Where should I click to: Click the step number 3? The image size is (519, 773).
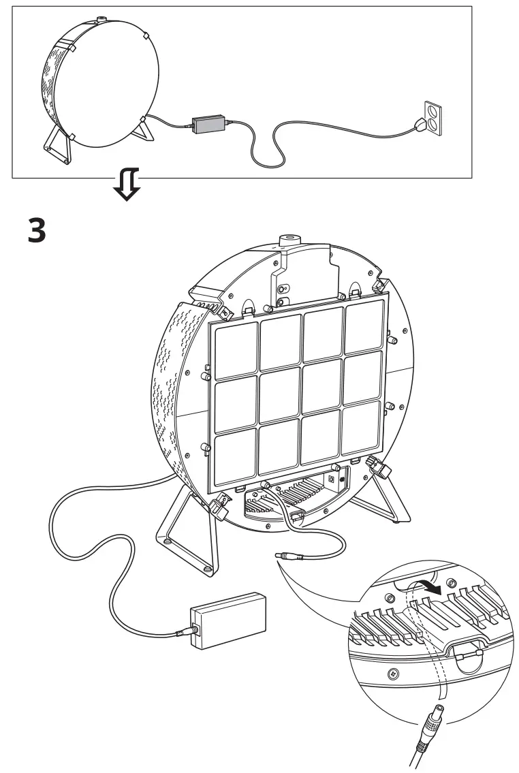[37, 231]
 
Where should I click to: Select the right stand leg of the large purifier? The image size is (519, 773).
[378, 501]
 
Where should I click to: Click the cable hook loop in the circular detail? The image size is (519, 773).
[469, 655]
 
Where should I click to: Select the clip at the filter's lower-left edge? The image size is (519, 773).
[219, 506]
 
